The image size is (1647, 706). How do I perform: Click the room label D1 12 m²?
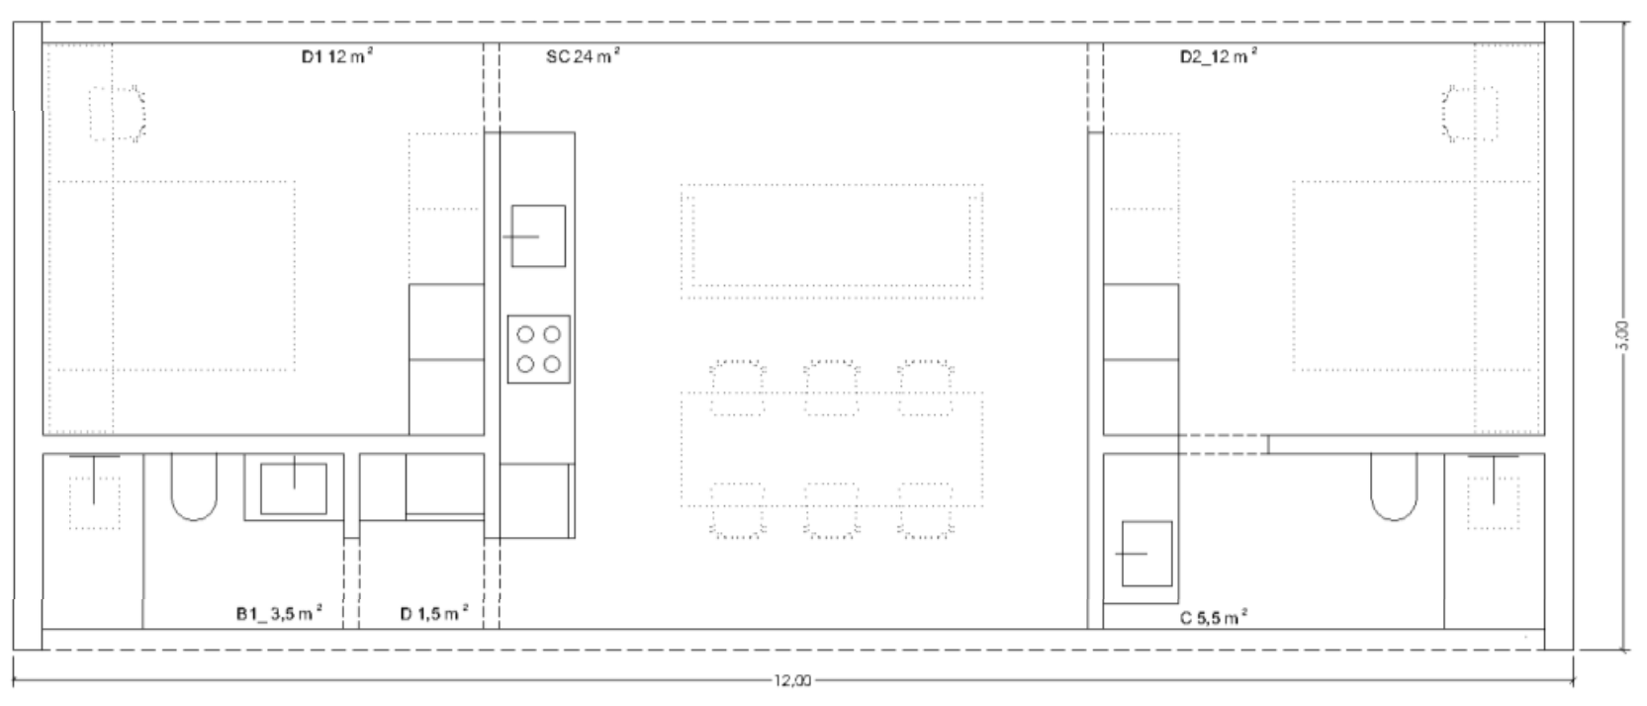(x=337, y=55)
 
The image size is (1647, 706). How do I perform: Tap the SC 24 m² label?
(x=583, y=55)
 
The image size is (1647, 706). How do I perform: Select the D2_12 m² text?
(x=1218, y=56)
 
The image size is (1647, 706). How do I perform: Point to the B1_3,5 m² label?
(x=279, y=613)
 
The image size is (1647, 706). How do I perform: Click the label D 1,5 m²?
(x=434, y=613)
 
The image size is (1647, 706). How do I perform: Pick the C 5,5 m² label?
(x=1213, y=618)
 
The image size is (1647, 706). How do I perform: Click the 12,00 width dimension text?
(x=792, y=681)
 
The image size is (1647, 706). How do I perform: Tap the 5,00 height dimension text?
(x=1623, y=336)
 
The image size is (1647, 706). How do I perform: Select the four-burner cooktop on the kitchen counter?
(x=538, y=349)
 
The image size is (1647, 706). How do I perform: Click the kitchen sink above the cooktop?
(x=538, y=235)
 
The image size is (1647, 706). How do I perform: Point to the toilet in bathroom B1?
(x=194, y=486)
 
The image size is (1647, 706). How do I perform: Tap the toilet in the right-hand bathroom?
(x=1394, y=486)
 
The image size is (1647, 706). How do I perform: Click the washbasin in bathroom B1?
(x=294, y=487)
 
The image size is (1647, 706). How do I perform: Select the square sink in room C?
(x=1145, y=553)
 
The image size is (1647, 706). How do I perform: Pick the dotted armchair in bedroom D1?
(x=117, y=113)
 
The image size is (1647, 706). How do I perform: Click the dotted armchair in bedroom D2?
(x=1471, y=113)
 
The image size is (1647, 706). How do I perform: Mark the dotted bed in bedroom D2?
(x=1414, y=276)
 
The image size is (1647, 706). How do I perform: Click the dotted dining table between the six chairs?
(x=832, y=450)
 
